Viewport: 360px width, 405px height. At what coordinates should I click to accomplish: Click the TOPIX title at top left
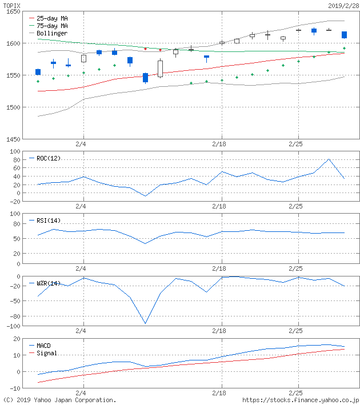pos(12,5)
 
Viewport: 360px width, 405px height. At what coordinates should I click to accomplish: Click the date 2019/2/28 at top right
pos(343,5)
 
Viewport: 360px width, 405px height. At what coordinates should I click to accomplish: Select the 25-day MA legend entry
pos(52,18)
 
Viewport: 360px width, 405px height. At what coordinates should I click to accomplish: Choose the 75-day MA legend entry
pos(52,26)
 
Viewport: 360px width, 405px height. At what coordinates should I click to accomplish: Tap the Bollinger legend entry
pos(52,33)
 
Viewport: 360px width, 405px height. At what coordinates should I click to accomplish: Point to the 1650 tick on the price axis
pos(12,11)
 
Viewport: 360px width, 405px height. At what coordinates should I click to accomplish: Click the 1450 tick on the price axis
pos(12,139)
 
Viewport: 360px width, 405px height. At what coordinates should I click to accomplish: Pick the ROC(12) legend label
pos(49,158)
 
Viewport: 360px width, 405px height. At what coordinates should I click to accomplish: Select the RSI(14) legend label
pos(49,220)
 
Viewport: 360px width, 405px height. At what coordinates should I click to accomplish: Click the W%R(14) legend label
pos(49,283)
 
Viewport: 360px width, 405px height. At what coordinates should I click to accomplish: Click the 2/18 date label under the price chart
pos(219,144)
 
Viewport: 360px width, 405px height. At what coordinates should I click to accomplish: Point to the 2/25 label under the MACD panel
pos(296,393)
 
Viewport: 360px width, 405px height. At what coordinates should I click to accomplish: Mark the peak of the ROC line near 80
pos(329,159)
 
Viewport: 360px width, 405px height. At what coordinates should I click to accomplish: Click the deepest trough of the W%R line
pos(145,324)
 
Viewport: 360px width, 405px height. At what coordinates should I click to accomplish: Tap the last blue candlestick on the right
pos(344,35)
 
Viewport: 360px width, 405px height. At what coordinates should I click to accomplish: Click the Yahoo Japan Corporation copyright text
pos(60,400)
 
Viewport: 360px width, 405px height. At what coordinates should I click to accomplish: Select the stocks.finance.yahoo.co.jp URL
pos(300,400)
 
